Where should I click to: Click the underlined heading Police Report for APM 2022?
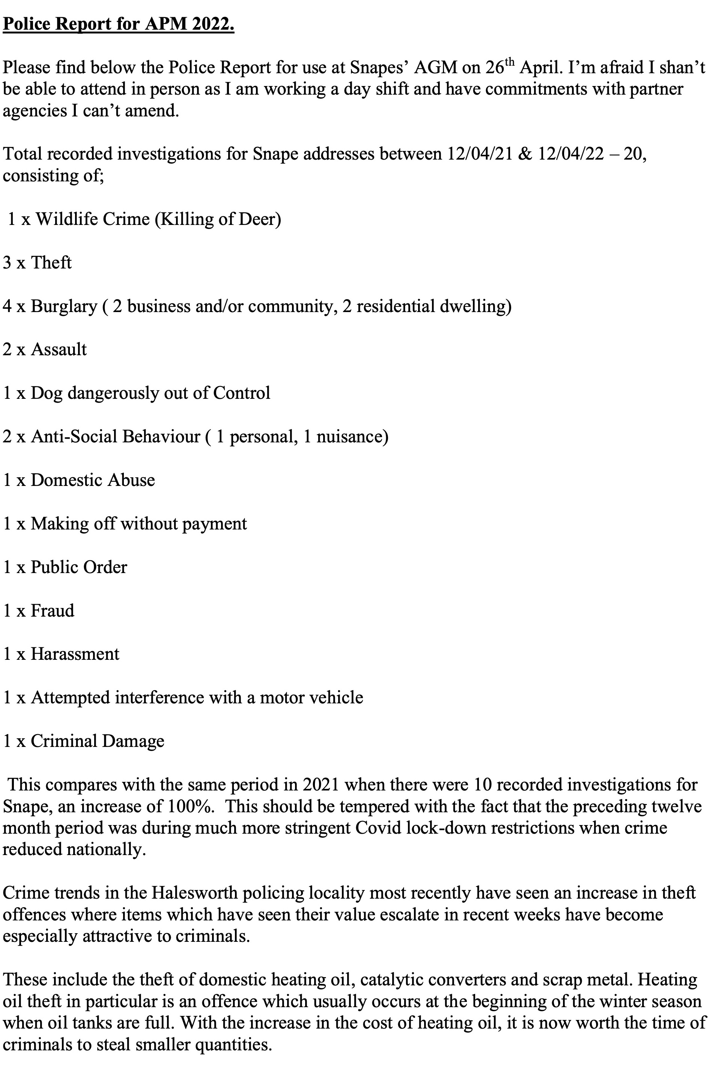(119, 24)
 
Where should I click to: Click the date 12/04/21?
(480, 154)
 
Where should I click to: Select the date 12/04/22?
(571, 154)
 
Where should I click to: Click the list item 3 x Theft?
(37, 262)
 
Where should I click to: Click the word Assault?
(59, 350)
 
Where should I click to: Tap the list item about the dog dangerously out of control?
(137, 393)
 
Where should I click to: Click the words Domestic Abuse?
(93, 480)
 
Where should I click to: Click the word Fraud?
(52, 611)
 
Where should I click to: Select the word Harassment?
(75, 654)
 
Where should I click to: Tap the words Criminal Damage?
(97, 741)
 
